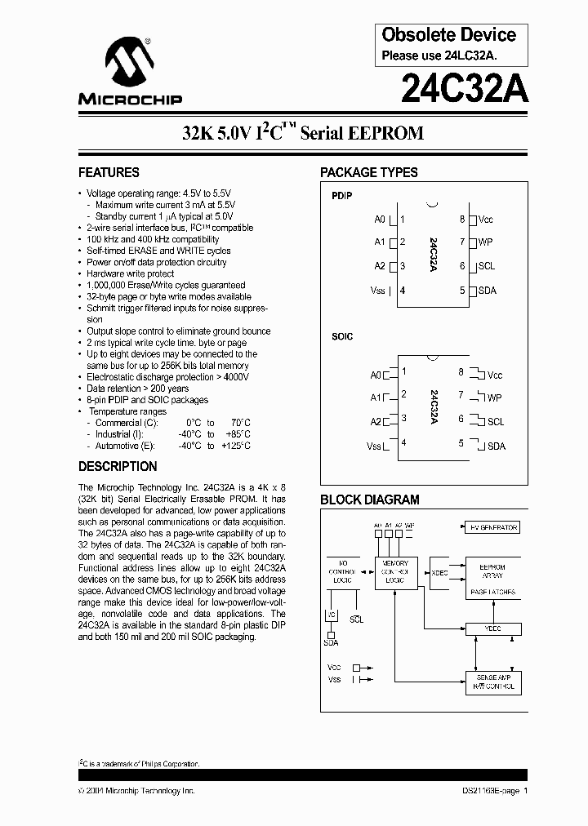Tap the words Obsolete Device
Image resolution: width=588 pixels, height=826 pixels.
click(449, 35)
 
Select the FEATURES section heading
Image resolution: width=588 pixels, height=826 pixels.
click(109, 172)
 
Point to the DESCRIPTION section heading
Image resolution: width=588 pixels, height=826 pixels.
click(118, 467)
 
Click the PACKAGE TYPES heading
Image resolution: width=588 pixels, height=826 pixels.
click(368, 172)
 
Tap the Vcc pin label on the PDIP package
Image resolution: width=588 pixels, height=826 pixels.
click(486, 220)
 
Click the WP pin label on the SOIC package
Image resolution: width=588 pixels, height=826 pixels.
click(494, 397)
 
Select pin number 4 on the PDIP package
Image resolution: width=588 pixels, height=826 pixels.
click(403, 291)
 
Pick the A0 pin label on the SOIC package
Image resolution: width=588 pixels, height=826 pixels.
click(376, 375)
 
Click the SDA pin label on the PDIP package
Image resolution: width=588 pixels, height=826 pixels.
click(487, 291)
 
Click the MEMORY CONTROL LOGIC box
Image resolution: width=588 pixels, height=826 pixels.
click(396, 571)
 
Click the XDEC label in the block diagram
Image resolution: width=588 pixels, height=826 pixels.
click(439, 571)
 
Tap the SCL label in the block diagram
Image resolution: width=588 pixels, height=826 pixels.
click(356, 620)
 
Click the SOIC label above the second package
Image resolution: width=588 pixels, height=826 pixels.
click(342, 336)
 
